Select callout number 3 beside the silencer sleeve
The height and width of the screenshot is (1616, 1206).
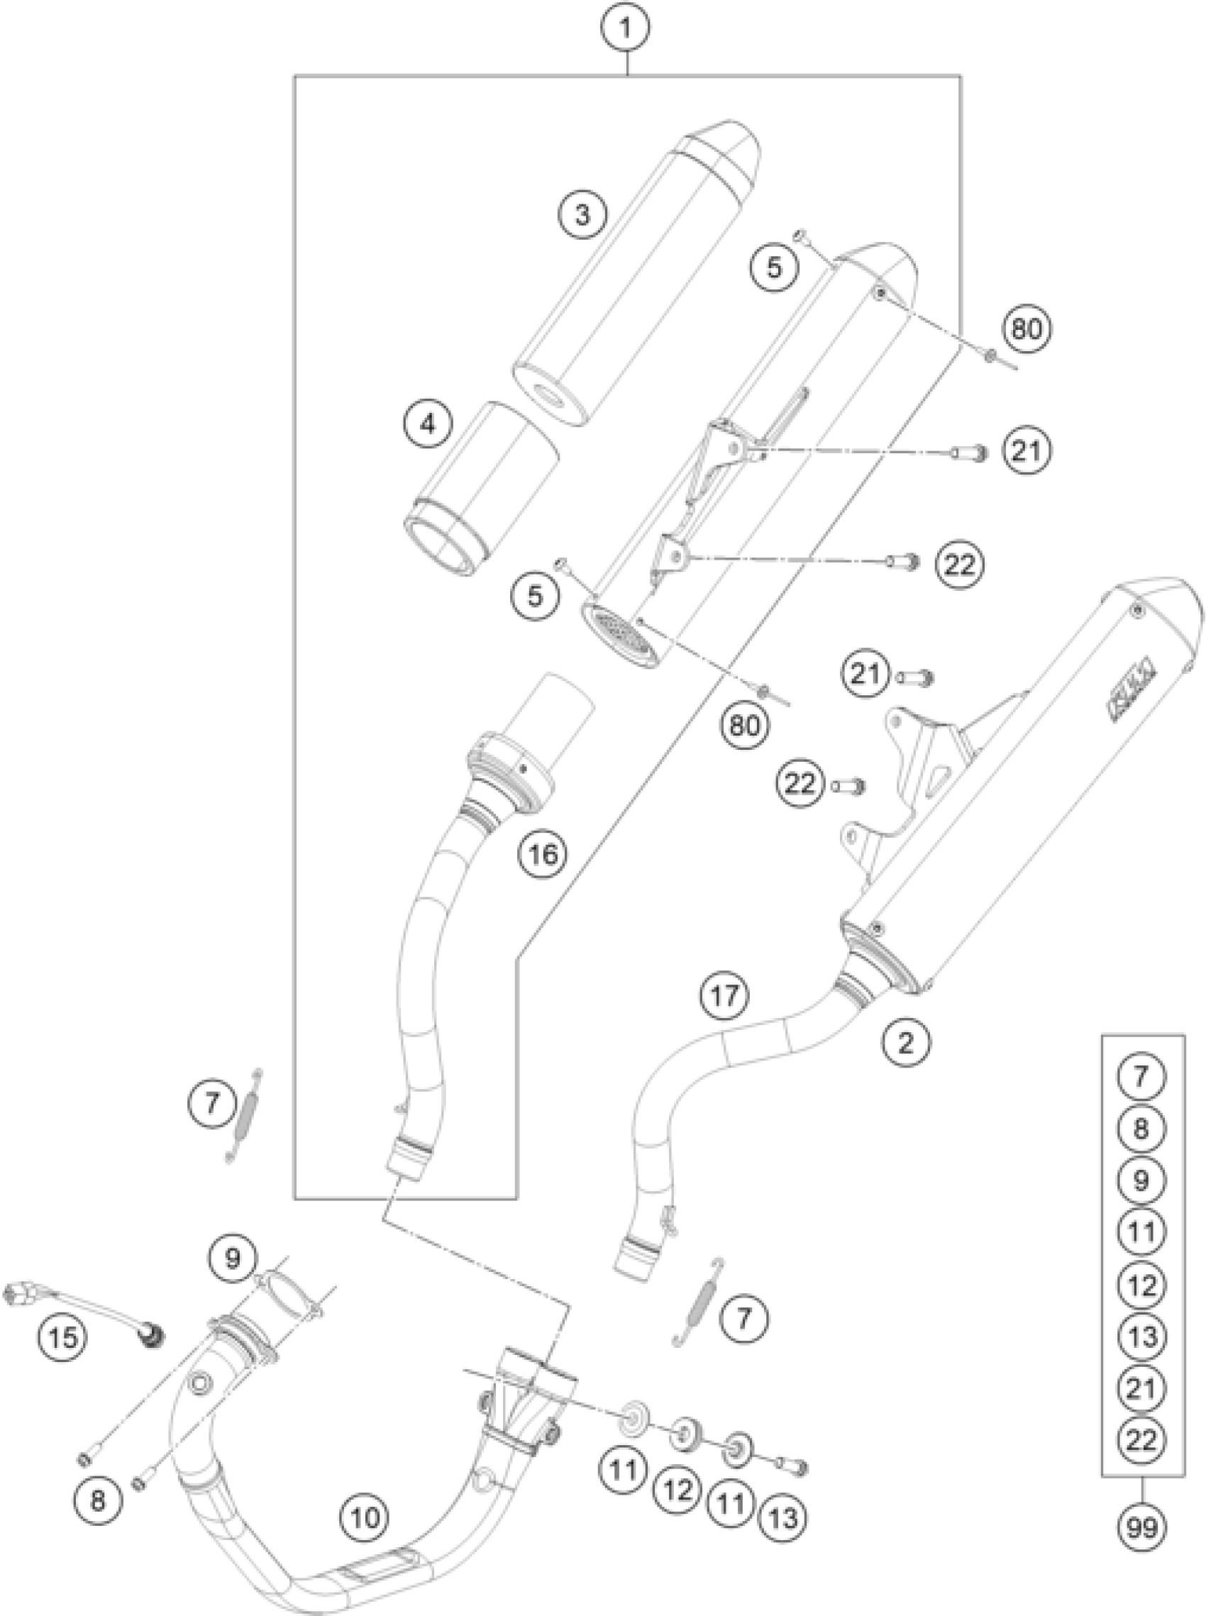coord(582,216)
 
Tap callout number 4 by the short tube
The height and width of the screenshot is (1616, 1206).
coord(428,424)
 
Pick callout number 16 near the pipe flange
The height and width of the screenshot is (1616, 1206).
coord(544,853)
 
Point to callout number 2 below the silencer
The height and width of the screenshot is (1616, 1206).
coord(906,1043)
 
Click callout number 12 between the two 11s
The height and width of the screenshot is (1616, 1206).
coord(678,1490)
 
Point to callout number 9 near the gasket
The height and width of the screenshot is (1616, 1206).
coord(232,1259)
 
